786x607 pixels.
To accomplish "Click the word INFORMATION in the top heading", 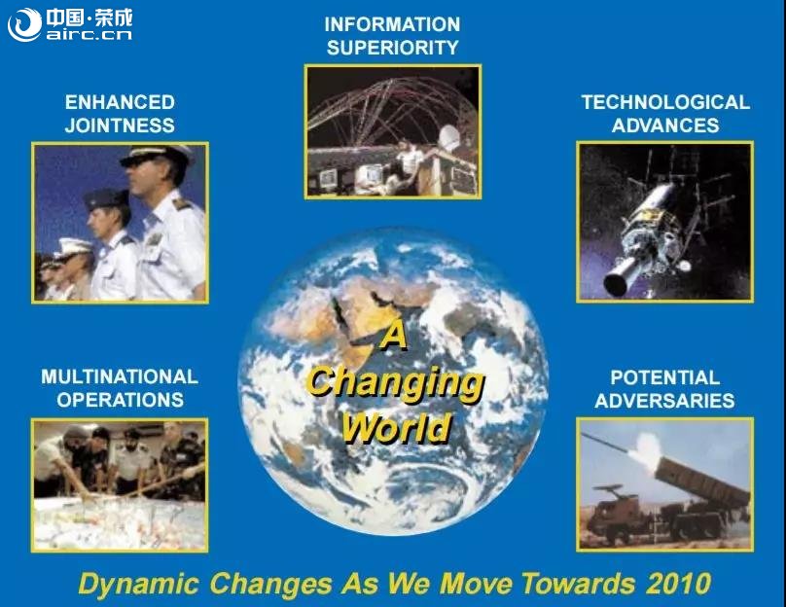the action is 392,24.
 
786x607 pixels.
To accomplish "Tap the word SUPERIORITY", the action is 392,48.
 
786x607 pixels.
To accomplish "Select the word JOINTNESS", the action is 120,125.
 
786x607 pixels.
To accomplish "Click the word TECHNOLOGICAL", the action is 665,102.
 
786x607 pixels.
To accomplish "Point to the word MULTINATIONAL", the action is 120,376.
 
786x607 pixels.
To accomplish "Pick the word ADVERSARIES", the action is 664,401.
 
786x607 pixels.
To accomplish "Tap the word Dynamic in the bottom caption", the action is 138,585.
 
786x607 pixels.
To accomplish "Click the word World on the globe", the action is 396,428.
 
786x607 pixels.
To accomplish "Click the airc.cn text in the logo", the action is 89,35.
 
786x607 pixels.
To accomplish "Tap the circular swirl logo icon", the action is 24,24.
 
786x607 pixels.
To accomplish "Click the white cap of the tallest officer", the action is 157,155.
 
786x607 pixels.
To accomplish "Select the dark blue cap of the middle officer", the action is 106,198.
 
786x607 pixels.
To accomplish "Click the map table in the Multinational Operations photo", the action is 120,522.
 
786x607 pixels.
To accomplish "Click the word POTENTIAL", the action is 664,377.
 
